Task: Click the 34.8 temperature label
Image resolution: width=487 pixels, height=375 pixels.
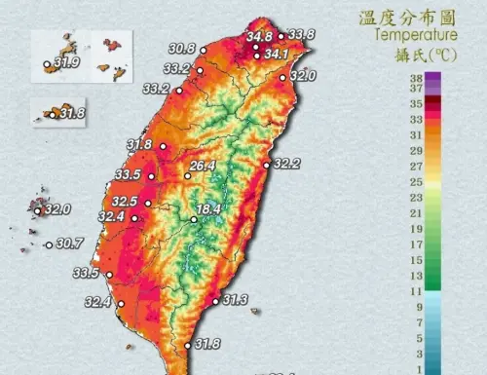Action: pos(259,37)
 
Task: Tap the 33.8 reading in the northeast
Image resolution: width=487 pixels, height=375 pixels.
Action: pos(301,35)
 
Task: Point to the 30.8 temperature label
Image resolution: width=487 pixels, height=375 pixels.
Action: pos(181,49)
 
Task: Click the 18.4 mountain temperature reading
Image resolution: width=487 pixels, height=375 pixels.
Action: pos(211,209)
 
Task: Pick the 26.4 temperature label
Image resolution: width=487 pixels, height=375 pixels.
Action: pos(203,167)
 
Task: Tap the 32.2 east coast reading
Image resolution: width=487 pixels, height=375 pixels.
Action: pos(289,164)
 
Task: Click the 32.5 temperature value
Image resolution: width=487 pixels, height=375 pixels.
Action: pos(125,202)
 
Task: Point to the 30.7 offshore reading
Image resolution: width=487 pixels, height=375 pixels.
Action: pos(70,244)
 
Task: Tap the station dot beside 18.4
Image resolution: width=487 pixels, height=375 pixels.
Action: pos(194,219)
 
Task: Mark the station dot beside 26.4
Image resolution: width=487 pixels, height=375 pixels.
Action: pos(187,176)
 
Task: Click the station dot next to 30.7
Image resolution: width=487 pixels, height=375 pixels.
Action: pos(49,244)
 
